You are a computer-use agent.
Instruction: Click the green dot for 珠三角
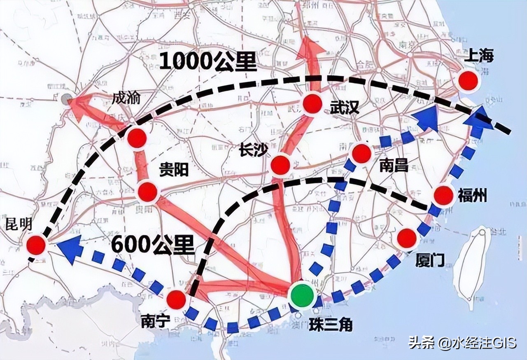point(302,296)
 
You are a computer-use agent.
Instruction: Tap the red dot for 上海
point(469,80)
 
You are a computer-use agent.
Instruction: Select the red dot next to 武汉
point(312,103)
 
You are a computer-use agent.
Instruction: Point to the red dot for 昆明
point(36,245)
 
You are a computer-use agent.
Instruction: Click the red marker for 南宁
point(177,299)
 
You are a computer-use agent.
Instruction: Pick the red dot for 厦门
point(407,238)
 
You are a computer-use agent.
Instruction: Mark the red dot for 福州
point(443,196)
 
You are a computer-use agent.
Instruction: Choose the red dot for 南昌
point(361,153)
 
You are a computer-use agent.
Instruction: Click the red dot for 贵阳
point(148,192)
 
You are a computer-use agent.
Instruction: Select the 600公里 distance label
point(152,246)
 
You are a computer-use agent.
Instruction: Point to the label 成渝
point(126,98)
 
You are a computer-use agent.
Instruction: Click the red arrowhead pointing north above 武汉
point(311,49)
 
